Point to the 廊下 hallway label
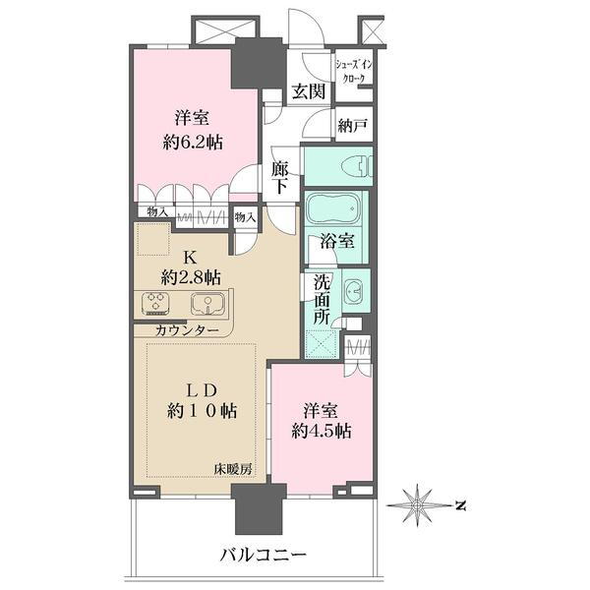coord(280,176)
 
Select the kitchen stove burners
coord(157,303)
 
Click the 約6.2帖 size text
coord(193,142)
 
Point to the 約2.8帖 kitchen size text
coord(192,276)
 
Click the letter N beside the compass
coord(459,505)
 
